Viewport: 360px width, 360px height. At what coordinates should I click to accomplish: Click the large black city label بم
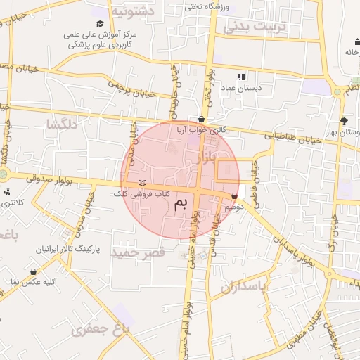click(181, 205)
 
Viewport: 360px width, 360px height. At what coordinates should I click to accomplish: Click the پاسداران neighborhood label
click(245, 288)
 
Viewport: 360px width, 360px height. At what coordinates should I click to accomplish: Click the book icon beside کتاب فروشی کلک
click(143, 183)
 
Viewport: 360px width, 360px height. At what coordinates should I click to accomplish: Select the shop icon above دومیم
click(234, 196)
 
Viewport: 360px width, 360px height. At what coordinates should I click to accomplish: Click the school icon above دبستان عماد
click(241, 77)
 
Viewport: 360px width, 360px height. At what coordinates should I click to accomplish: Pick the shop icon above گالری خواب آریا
click(202, 119)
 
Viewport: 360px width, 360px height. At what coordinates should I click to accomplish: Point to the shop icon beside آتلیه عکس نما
click(33, 271)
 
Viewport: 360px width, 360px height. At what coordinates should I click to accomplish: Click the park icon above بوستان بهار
click(344, 120)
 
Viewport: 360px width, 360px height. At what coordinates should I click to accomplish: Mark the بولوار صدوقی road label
click(51, 180)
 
